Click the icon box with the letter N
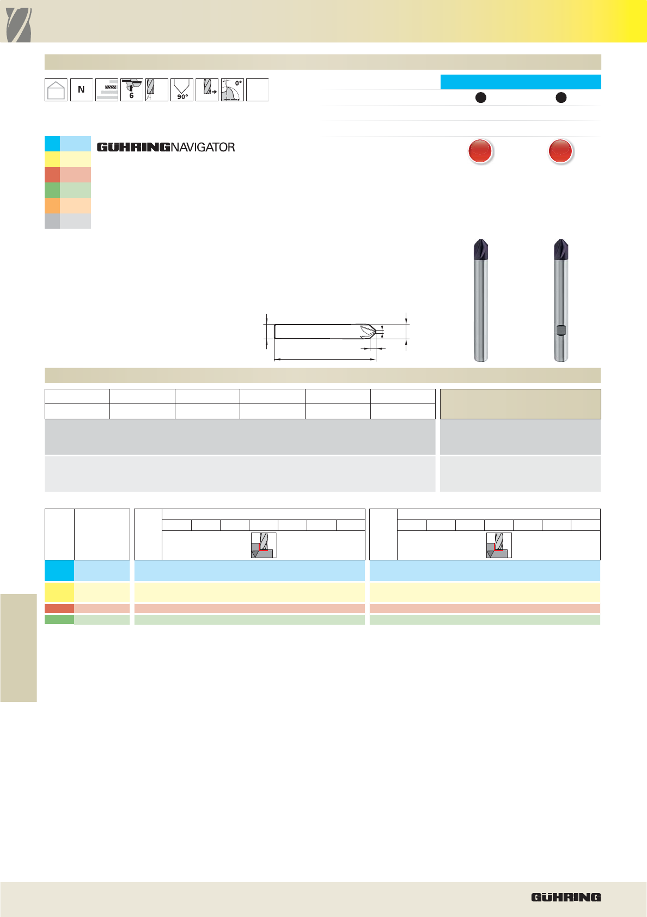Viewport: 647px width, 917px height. click(82, 90)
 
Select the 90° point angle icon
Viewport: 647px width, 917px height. click(182, 90)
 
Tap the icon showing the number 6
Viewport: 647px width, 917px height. click(131, 90)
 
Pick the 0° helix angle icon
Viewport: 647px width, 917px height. click(232, 90)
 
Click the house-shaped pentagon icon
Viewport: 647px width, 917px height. click(56, 90)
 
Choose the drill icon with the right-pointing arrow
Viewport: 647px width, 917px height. click(207, 90)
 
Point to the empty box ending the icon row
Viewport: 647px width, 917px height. click(258, 90)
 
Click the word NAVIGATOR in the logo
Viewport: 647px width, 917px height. click(203, 148)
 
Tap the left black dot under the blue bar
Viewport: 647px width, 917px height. click(481, 97)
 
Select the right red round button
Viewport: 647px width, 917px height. click(560, 151)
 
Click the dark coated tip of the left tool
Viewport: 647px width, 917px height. click(481, 250)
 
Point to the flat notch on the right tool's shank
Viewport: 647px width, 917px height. click(561, 330)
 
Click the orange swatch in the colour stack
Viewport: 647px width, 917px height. click(68, 206)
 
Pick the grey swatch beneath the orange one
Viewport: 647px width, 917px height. click(68, 221)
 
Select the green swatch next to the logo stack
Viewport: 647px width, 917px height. click(68, 191)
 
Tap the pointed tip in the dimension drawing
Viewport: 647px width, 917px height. click(375, 332)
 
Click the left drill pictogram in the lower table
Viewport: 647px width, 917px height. click(264, 545)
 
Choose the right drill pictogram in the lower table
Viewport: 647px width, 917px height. click(499, 545)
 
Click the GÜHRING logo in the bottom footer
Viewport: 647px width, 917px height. click(566, 897)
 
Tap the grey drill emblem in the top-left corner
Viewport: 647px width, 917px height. click(19, 25)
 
